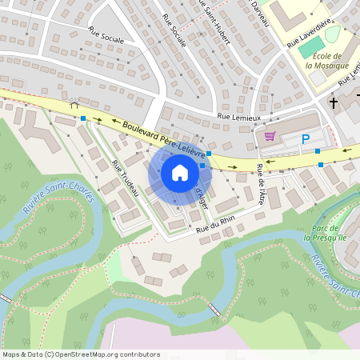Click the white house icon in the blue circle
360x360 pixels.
coord(179,172)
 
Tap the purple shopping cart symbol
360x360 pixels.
coord(270,136)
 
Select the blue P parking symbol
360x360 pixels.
coord(305,139)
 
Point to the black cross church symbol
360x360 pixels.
coord(334,102)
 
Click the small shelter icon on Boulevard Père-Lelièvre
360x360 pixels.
coord(74,104)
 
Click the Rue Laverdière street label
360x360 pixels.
coord(309,33)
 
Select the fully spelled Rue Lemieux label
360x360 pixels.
coord(238,118)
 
